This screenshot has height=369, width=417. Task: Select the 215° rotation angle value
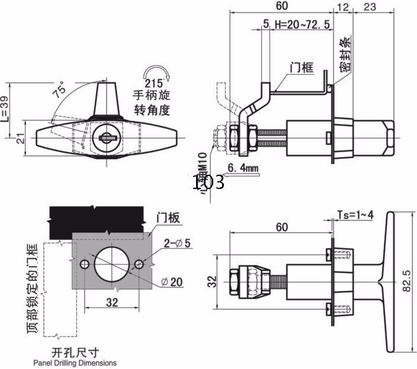(x=152, y=84)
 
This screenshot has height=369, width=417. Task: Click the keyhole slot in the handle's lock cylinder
(x=107, y=137)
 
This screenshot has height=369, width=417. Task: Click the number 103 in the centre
(x=208, y=182)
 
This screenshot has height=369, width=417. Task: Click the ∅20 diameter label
(x=172, y=283)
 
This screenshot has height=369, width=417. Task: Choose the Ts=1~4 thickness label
(x=355, y=214)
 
